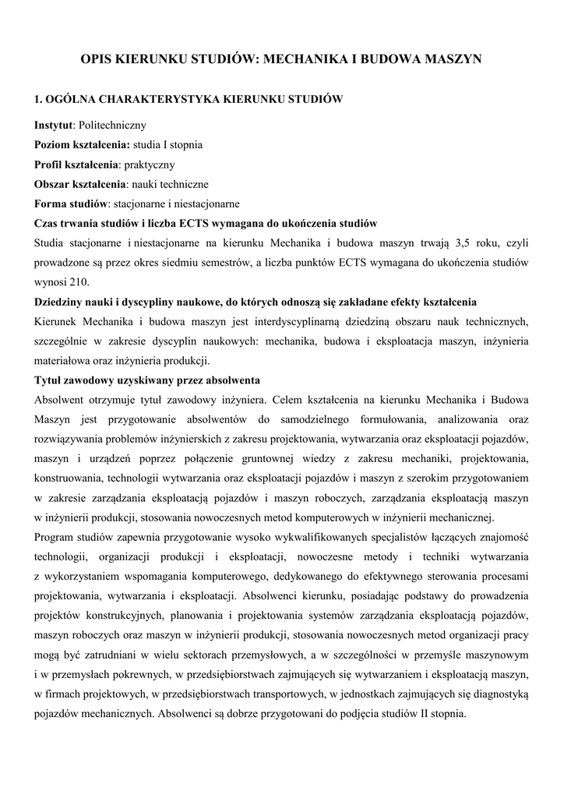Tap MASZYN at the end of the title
pyautogui.click(x=453, y=58)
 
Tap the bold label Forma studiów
pyautogui.click(x=70, y=205)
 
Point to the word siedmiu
pyautogui.click(x=198, y=262)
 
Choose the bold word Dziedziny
pyautogui.click(x=59, y=302)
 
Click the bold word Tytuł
pyautogui.click(x=48, y=380)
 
